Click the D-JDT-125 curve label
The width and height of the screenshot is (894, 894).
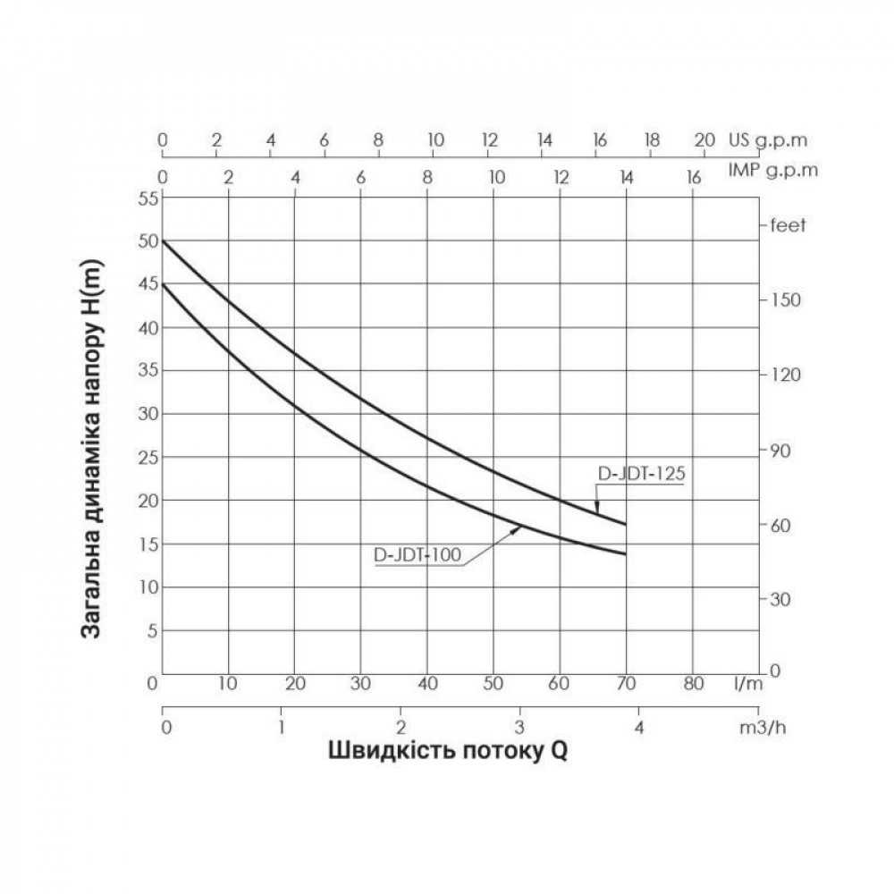click(640, 474)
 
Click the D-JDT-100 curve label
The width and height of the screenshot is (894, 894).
click(417, 555)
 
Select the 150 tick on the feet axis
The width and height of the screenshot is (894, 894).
click(786, 299)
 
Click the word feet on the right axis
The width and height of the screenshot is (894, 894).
click(788, 225)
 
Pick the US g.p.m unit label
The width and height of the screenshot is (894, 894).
click(768, 140)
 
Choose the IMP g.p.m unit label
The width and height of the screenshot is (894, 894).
click(772, 169)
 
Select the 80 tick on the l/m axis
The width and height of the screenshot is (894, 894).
click(692, 685)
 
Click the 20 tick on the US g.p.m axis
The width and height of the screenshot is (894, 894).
click(704, 140)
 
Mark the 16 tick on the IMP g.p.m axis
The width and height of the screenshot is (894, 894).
click(693, 177)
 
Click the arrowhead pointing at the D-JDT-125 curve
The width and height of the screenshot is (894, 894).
click(597, 508)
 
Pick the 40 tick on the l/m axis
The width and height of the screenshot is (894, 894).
click(427, 685)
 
